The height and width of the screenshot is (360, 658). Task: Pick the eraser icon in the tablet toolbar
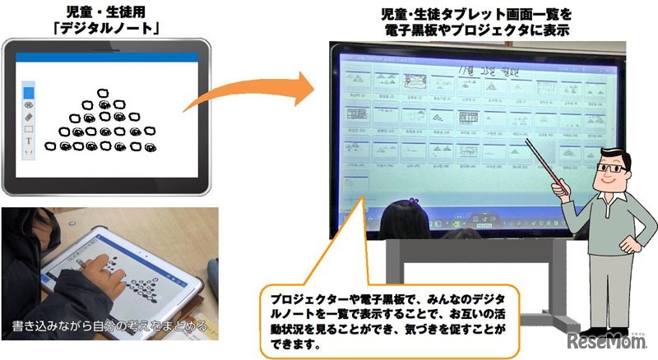[x=29, y=118]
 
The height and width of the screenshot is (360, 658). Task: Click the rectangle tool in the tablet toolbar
[x=29, y=129]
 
